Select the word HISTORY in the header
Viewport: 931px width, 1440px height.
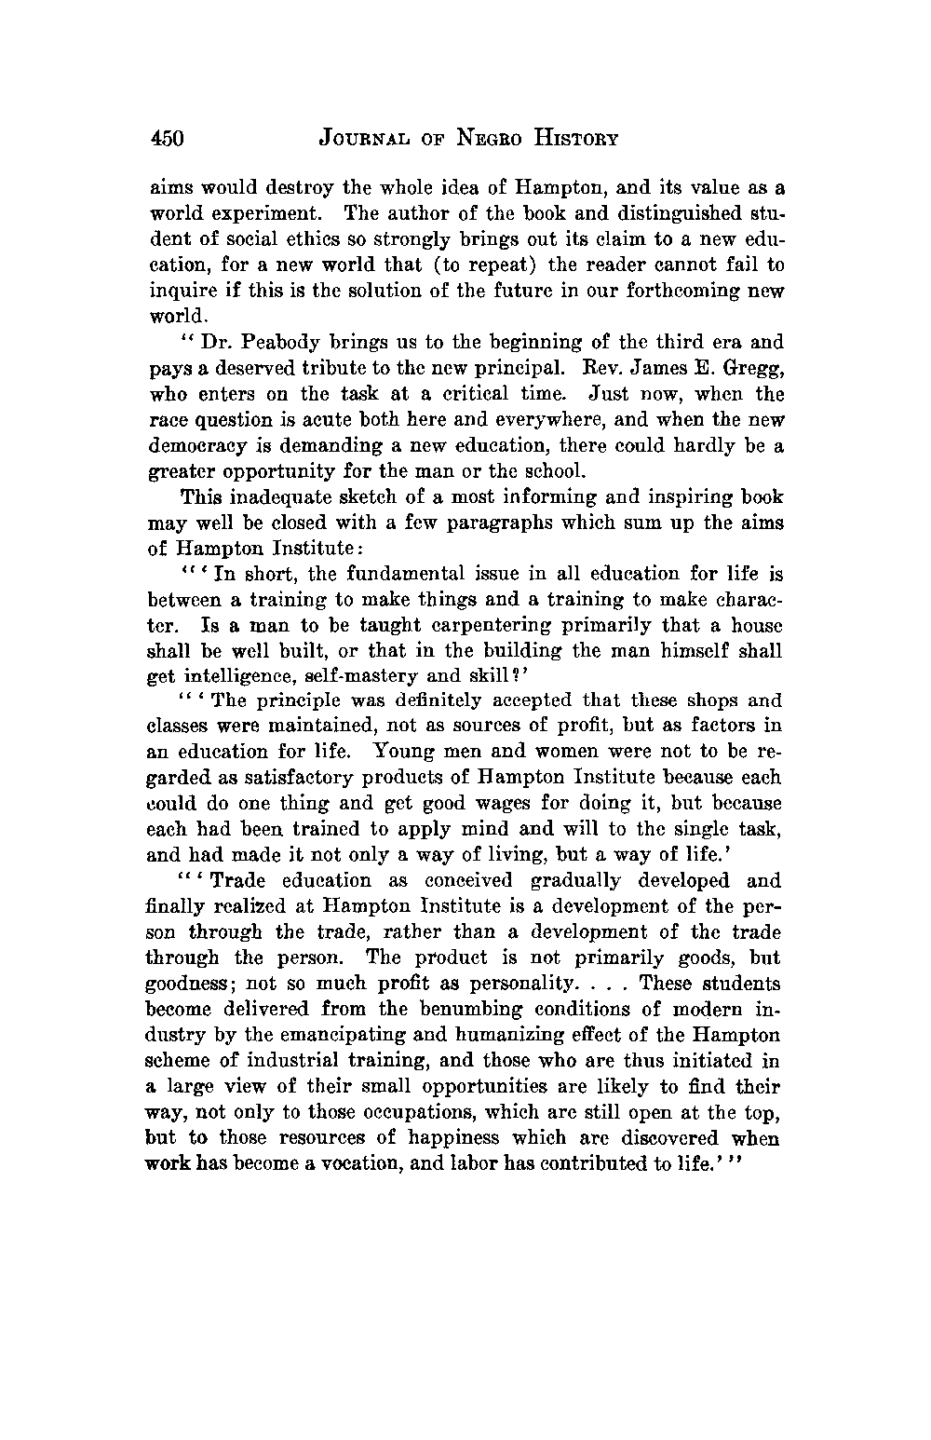coord(574,140)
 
